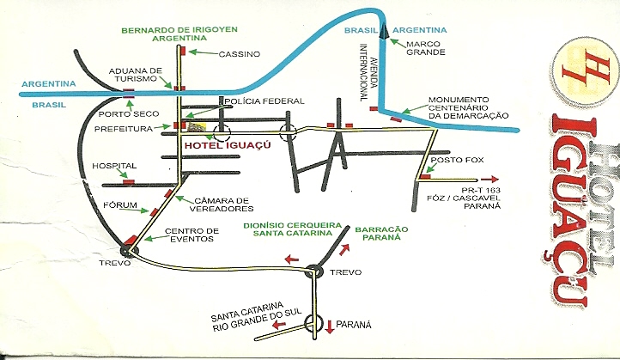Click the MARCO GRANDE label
click(423, 47)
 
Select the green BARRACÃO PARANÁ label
click(379, 234)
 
